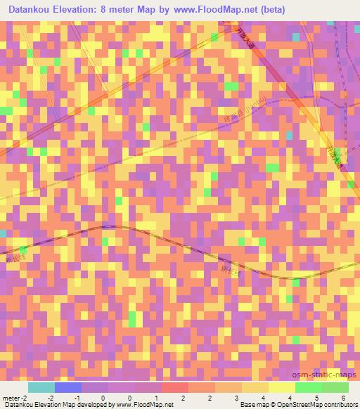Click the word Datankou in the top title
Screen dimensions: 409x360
pyautogui.click(x=29, y=10)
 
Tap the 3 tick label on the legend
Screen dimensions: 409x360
pyautogui.click(x=237, y=398)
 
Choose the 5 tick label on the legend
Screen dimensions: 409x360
pyautogui.click(x=317, y=398)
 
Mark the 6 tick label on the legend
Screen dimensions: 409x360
pyautogui.click(x=345, y=398)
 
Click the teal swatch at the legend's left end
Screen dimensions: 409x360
pyautogui.click(x=41, y=387)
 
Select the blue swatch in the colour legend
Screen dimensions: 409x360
pyautogui.click(x=67, y=387)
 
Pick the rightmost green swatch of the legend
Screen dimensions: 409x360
pyautogui.click(x=335, y=387)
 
